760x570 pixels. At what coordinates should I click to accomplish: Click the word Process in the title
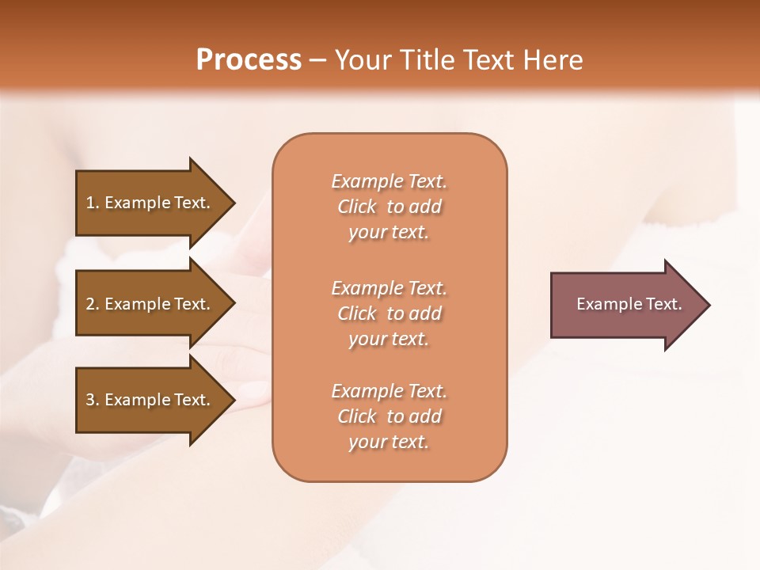tap(249, 60)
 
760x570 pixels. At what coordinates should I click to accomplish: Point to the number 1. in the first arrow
tap(93, 203)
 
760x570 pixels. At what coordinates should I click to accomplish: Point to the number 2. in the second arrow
tap(93, 304)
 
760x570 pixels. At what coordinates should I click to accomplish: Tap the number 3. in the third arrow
tap(93, 400)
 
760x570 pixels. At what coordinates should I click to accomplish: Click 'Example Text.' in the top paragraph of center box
tap(389, 181)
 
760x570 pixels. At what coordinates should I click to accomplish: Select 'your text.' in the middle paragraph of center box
tap(389, 339)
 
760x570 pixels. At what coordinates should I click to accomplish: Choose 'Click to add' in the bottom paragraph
tap(389, 416)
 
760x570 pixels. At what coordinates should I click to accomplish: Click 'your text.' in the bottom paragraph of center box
tap(389, 442)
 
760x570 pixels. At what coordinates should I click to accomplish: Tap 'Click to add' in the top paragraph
tap(389, 207)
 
